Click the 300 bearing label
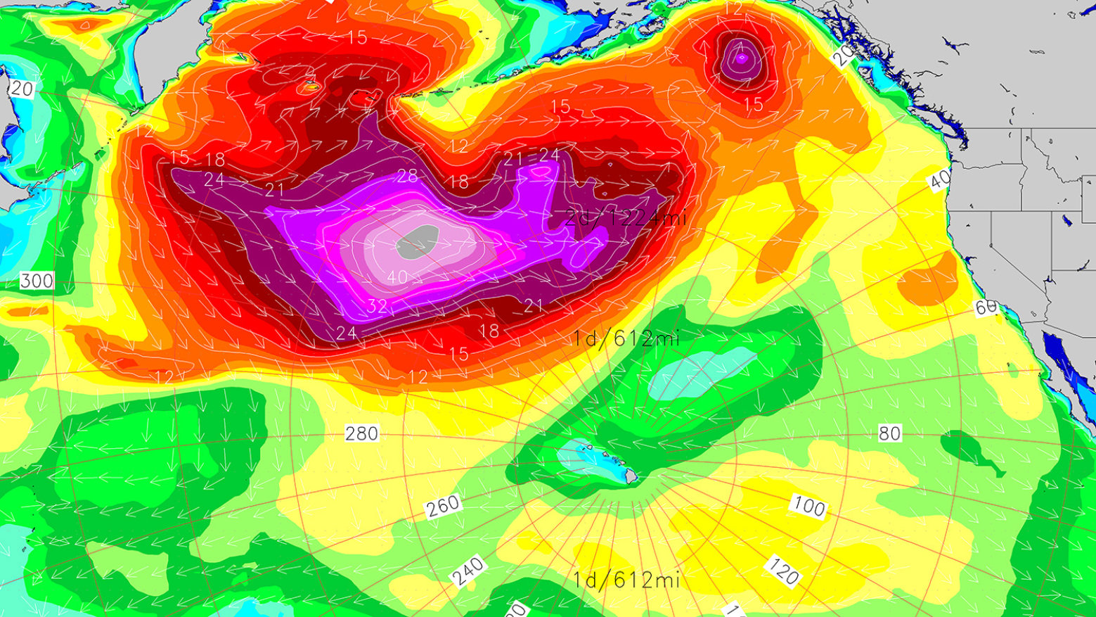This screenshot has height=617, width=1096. coord(37,281)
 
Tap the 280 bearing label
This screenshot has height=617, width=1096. coord(361,433)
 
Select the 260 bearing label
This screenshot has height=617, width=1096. coord(443,505)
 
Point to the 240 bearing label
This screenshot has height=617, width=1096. coord(468,571)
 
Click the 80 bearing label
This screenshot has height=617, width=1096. coord(889,433)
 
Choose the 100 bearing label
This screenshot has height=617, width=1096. coord(808,505)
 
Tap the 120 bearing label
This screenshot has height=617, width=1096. coord(783,571)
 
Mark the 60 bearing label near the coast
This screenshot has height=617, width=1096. coord(986,307)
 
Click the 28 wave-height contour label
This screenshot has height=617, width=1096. coord(407,176)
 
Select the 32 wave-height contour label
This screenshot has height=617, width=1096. coord(377,306)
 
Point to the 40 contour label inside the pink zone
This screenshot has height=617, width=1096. coord(397,278)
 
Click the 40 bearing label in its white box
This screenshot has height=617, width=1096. coord(940,180)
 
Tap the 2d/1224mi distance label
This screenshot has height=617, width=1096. coord(626,217)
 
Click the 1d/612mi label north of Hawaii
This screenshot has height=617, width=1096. coord(626,339)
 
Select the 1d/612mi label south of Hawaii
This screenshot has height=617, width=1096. coord(626,580)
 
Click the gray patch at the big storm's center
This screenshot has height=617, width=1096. coord(418,241)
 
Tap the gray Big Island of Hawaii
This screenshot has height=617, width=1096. coord(631,477)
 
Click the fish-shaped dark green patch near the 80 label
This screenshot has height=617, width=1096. coord(974,450)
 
